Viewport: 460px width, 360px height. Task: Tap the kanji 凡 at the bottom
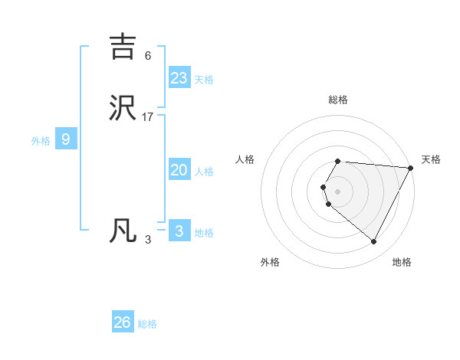tap(124, 231)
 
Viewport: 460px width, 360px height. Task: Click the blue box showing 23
tap(179, 77)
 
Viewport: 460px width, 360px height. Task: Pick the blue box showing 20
tap(179, 170)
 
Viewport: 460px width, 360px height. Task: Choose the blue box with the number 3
tap(179, 231)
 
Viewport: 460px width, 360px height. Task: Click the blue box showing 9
tap(66, 139)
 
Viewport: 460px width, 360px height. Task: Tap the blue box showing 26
tap(123, 322)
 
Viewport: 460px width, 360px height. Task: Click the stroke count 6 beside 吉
tap(148, 55)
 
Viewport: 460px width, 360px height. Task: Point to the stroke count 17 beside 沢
tap(148, 116)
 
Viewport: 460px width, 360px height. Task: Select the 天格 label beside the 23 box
tap(204, 80)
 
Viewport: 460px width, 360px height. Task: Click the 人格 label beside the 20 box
tap(204, 172)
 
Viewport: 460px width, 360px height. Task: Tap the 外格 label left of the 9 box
tap(41, 141)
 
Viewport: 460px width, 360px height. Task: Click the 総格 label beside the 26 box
tap(147, 325)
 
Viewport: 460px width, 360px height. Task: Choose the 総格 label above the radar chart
tap(338, 100)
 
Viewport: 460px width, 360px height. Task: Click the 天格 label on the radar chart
tap(432, 159)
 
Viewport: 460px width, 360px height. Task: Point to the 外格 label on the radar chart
tap(270, 262)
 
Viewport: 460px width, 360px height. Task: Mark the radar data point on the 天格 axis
tap(411, 168)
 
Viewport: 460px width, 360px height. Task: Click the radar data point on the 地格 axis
tap(374, 242)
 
